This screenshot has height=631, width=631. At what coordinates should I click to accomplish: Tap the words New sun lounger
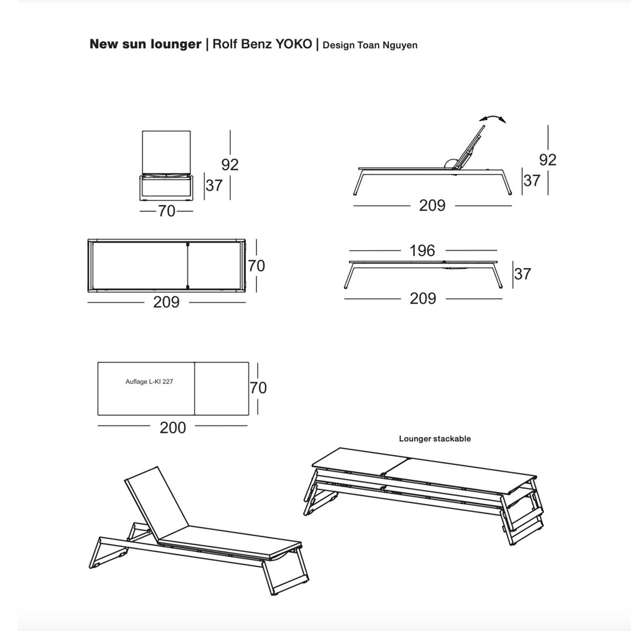click(x=145, y=44)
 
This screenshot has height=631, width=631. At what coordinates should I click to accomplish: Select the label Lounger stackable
click(x=435, y=438)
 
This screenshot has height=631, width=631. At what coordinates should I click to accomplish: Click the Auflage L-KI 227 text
click(x=150, y=382)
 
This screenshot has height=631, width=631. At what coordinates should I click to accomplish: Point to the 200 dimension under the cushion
click(x=173, y=428)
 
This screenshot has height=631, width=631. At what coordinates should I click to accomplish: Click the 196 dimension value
click(x=422, y=251)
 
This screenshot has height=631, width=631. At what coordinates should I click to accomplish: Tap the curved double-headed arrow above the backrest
click(x=495, y=119)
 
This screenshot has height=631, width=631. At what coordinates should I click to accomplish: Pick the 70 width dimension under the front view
click(x=167, y=211)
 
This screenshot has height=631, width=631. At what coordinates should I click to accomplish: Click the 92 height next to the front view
click(x=230, y=165)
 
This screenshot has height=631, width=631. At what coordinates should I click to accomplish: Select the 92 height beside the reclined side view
click(x=547, y=160)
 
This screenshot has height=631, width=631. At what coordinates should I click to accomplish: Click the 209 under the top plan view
click(x=166, y=303)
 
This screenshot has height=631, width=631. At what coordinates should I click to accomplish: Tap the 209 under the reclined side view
click(x=432, y=206)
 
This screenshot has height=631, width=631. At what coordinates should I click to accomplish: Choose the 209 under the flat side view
click(x=423, y=299)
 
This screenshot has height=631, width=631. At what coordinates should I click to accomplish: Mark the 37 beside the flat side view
click(x=523, y=273)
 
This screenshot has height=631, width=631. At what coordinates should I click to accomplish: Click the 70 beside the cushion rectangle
click(x=258, y=387)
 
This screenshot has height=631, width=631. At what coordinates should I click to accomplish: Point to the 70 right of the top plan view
click(x=256, y=266)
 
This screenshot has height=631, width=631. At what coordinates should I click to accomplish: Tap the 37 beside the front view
click(x=214, y=185)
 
